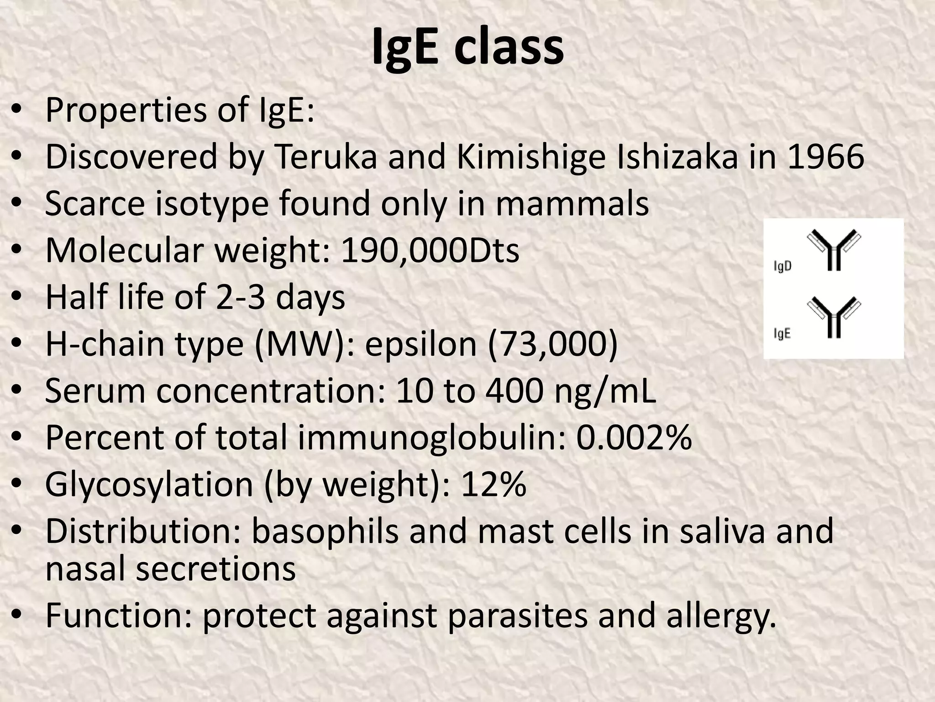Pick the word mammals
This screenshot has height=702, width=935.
pos(572,203)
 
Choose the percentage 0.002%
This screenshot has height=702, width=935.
pos(634,437)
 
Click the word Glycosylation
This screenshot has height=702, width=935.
pos(149,485)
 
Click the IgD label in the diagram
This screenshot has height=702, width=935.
pos(783,266)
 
